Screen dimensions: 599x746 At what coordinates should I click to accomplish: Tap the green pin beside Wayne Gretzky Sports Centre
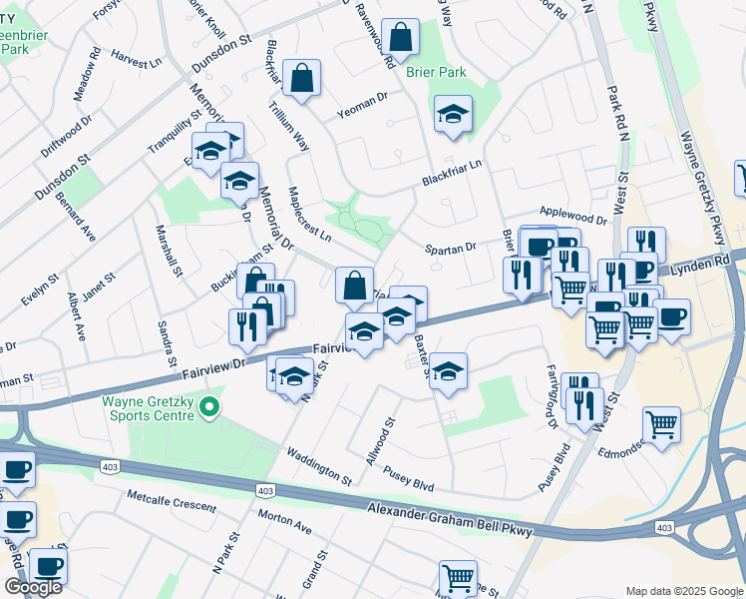click(x=208, y=406)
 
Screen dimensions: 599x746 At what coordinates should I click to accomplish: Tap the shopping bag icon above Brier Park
click(x=400, y=39)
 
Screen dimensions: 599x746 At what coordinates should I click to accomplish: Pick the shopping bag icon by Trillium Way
click(x=300, y=78)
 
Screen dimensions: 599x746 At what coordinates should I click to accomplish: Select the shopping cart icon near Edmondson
click(x=661, y=425)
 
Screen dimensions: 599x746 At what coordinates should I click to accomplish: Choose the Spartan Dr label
click(x=451, y=247)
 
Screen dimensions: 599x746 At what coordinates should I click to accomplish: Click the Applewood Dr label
click(x=572, y=217)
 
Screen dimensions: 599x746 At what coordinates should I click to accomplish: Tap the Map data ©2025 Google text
click(x=682, y=590)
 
